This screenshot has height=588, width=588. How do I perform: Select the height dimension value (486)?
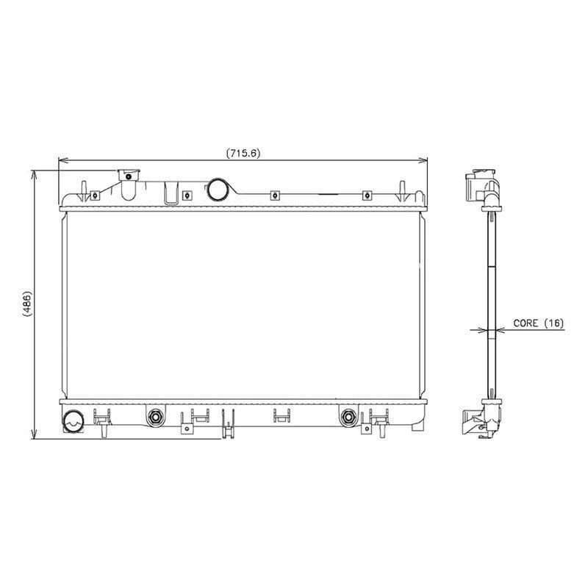click(x=26, y=304)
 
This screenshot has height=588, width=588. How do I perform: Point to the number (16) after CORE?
click(x=554, y=323)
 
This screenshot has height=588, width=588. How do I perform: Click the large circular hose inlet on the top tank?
click(x=218, y=189)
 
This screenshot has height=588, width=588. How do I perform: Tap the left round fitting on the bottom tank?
click(x=155, y=417)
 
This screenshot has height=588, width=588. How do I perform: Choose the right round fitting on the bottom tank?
click(x=348, y=417)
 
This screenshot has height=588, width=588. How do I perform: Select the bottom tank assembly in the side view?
click(x=479, y=417)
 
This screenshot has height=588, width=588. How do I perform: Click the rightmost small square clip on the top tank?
click(x=366, y=196)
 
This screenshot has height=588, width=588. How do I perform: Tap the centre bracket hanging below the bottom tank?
click(x=280, y=417)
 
